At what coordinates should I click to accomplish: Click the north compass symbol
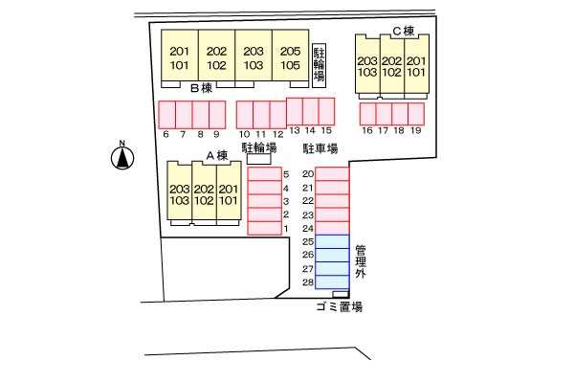tap(122, 156)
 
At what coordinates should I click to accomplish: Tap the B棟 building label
tap(199, 88)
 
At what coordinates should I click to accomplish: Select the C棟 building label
tap(402, 31)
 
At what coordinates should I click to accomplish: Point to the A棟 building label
tap(216, 154)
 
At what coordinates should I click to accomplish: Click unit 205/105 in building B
tap(290, 58)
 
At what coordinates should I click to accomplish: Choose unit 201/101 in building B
tap(179, 58)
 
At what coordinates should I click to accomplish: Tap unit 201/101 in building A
tap(228, 195)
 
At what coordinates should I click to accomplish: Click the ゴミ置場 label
tap(339, 307)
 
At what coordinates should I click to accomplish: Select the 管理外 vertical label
tap(361, 261)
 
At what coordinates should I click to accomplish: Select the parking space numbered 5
tap(263, 174)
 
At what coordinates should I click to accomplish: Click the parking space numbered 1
tap(263, 228)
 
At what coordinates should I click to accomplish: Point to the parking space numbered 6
tap(166, 114)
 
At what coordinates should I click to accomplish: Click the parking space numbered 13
tap(295, 110)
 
